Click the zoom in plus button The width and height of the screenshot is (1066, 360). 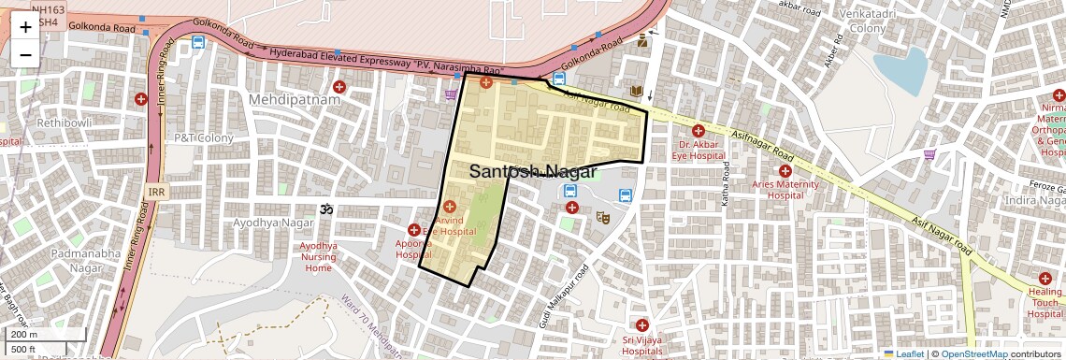coord(25,27)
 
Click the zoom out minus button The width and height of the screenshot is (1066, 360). coord(25,54)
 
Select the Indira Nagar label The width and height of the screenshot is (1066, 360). coord(1033,201)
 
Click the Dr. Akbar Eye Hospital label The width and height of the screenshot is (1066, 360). coord(698,151)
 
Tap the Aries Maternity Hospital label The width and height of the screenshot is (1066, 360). coord(785,190)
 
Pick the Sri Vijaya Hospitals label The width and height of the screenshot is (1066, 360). coord(641,345)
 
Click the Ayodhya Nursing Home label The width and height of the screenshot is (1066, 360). coord(318,256)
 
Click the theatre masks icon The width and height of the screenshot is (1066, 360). coord(604,217)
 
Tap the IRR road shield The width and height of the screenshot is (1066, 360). coord(156,192)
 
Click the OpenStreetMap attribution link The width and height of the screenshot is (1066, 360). coord(973,353)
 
